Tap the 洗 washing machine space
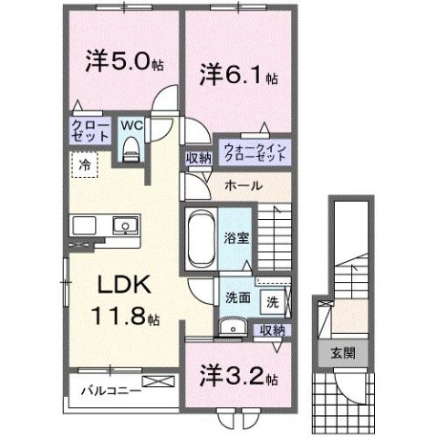[273, 298]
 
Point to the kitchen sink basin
[122, 226]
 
